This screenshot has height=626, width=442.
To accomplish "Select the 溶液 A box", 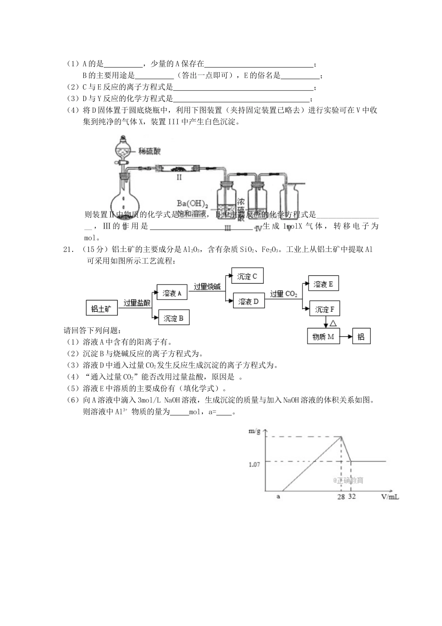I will point(172,293).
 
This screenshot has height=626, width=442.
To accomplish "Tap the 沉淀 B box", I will point(174,318).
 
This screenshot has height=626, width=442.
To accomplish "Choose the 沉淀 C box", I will point(247,276).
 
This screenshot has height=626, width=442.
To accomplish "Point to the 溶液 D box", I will point(248,301).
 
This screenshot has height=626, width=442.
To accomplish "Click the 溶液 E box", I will point(323,284).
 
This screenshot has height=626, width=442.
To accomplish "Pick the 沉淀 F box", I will point(324,309).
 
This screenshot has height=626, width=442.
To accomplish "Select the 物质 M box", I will point(323,336).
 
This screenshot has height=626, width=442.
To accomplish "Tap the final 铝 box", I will point(361,337).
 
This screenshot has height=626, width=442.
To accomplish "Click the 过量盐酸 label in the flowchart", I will point(137,303).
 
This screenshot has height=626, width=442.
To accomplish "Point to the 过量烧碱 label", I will point(207,287).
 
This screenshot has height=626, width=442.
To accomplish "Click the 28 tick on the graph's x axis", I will point(341,497).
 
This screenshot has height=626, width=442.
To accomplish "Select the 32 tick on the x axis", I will point(352,497).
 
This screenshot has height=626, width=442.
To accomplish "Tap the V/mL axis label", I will point(389,497).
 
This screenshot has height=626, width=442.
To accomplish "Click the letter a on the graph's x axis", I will point(278,497).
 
